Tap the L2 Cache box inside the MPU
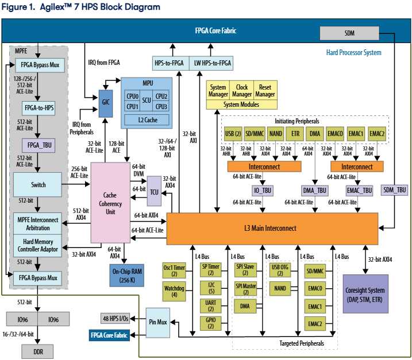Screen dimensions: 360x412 (x=147, y=119)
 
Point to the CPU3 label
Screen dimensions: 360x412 (x=161, y=107)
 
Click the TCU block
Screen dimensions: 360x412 (x=155, y=191)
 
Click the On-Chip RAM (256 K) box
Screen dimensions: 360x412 (x=130, y=276)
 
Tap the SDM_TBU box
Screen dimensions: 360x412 (x=394, y=189)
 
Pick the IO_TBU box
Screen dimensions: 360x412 (x=263, y=189)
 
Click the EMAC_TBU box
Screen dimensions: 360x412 (x=359, y=189)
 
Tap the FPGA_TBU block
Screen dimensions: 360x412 (x=37, y=146)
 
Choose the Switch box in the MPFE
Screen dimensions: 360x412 (x=37, y=185)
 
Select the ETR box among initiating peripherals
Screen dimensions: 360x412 (x=296, y=134)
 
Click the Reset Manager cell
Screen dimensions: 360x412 (x=265, y=90)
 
